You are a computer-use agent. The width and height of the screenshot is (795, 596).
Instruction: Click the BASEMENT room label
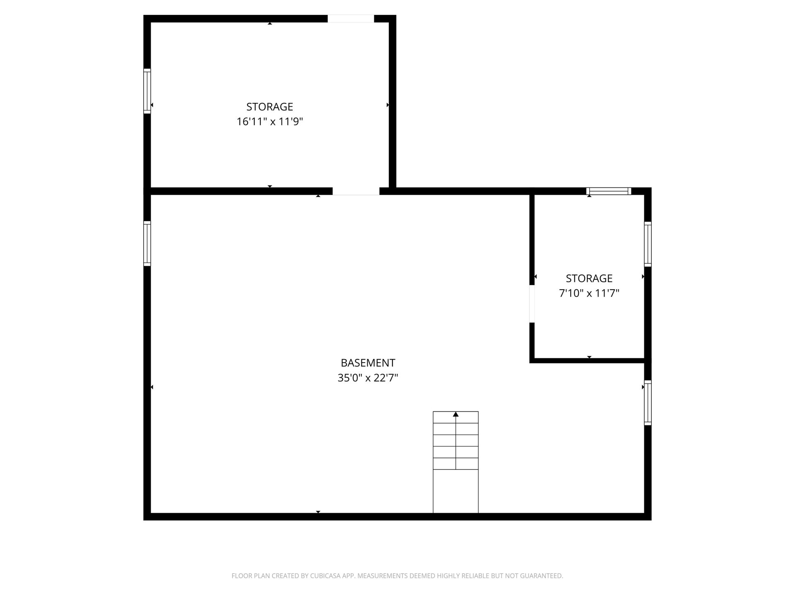click(368, 363)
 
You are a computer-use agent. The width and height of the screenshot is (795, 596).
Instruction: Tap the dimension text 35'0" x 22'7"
click(368, 378)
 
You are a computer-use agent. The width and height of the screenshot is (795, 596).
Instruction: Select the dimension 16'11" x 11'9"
click(270, 122)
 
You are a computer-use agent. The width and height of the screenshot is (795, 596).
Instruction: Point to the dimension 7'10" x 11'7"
click(589, 293)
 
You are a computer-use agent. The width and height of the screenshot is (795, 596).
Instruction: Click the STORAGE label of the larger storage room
click(270, 107)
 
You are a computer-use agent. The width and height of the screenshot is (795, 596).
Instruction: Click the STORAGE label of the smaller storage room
click(589, 278)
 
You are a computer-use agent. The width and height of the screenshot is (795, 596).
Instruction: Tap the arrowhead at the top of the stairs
click(456, 414)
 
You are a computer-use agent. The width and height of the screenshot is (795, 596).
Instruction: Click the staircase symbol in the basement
click(456, 462)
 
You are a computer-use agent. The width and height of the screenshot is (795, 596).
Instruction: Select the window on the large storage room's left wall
click(147, 91)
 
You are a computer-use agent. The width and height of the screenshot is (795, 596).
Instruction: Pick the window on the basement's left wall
click(147, 243)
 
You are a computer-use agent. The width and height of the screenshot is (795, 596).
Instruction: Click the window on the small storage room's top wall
click(609, 191)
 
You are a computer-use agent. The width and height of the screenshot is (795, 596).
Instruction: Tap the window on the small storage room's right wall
click(648, 244)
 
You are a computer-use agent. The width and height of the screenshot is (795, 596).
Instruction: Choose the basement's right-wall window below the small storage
click(648, 403)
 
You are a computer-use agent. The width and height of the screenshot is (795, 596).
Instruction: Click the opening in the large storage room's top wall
click(351, 19)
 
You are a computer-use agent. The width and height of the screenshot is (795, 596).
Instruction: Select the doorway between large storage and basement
click(356, 191)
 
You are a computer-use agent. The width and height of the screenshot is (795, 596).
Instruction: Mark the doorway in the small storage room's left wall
click(532, 304)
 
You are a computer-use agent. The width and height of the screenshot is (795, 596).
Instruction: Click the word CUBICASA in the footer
click(324, 576)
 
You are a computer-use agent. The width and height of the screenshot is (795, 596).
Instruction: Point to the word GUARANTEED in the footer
click(544, 576)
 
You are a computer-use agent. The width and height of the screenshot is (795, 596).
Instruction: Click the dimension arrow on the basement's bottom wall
click(318, 512)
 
